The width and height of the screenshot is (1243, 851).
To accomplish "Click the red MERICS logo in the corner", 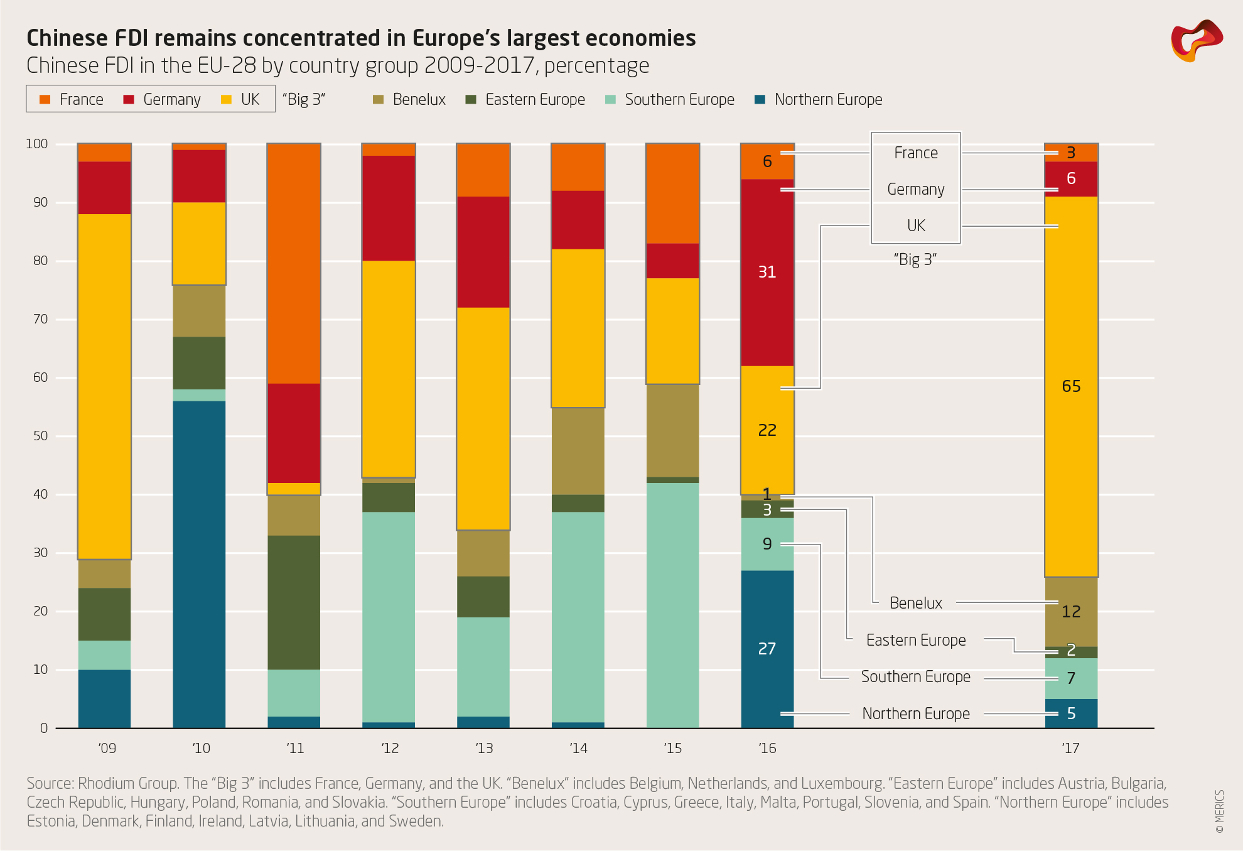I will [x=1196, y=41].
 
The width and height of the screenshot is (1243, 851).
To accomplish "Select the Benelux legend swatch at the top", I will [x=378, y=100].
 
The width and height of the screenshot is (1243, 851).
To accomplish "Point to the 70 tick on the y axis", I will [x=40, y=319].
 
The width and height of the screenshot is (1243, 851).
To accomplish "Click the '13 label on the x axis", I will [x=484, y=748].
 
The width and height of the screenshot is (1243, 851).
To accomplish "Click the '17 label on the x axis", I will [x=1070, y=748].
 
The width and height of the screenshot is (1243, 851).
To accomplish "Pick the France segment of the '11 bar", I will [x=294, y=264].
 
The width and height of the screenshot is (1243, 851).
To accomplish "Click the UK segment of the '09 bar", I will [x=104, y=386].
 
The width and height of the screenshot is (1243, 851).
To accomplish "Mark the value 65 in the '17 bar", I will [x=1071, y=386].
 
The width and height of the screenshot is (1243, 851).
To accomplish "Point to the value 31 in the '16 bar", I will [x=767, y=272].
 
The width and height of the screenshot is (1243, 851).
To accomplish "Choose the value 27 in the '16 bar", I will [x=767, y=649].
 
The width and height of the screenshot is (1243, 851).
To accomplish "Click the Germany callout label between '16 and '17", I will [x=915, y=190].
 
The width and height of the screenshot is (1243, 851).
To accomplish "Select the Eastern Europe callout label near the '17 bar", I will [x=915, y=640].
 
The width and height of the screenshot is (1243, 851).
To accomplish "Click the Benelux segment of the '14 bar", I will [x=578, y=451].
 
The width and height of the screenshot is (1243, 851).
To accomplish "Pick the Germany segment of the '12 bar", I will [x=389, y=208].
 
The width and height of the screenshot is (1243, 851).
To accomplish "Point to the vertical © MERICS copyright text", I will [x=1219, y=811].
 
